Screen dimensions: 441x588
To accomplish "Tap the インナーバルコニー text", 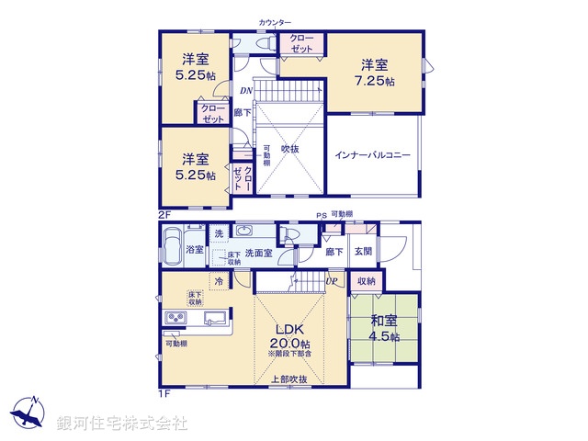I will pyautogui.click(x=372, y=155).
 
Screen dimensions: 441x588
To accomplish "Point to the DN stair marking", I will pyautogui.click(x=245, y=92).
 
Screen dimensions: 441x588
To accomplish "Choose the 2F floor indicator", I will pyautogui.click(x=164, y=214).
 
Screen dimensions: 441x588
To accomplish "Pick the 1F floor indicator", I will pyautogui.click(x=164, y=394).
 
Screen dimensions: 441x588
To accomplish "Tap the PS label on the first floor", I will pyautogui.click(x=322, y=216).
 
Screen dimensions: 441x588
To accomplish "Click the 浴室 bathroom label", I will pyautogui.click(x=195, y=249).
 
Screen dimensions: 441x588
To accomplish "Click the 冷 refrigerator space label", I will pyautogui.click(x=220, y=281).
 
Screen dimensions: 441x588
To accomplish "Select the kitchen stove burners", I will pyautogui.click(x=175, y=319).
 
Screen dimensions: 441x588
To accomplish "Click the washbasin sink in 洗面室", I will pyautogui.click(x=246, y=232).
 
